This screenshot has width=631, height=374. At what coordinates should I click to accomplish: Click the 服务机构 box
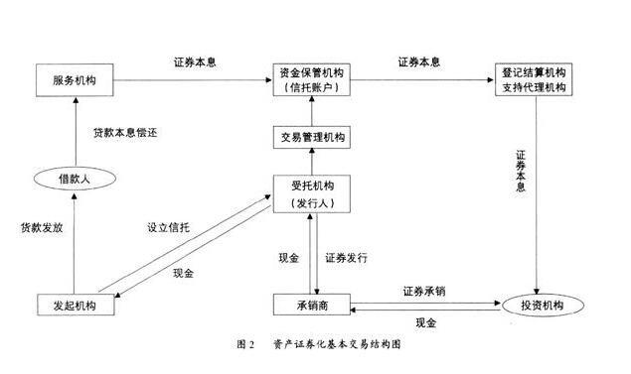point(75,79)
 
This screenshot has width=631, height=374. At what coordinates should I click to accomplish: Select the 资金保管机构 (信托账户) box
point(313,80)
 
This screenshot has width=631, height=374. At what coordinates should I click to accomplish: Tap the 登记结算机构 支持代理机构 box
point(537,80)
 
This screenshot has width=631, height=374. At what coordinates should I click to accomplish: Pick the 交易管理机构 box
point(313,138)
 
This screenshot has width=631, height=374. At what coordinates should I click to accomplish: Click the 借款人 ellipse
point(75,180)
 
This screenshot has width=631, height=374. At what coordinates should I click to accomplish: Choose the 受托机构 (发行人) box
point(313,193)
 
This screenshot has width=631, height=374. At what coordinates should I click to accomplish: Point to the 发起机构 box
point(75,305)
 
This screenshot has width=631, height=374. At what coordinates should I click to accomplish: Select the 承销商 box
point(313,304)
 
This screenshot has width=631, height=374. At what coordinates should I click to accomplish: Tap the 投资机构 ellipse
point(538,304)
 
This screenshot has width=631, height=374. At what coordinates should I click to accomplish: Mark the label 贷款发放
point(42,227)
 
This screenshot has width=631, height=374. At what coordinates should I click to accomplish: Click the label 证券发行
point(347,258)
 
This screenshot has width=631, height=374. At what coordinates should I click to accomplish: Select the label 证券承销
point(424,292)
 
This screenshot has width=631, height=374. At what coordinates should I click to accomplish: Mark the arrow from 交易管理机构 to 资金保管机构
point(313,112)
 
